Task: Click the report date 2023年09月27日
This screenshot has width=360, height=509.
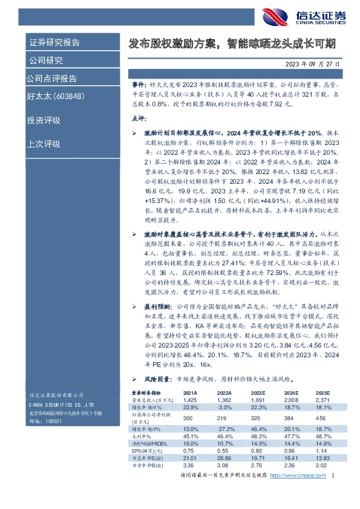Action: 313,63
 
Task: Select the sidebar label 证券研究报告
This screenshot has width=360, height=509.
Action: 54,42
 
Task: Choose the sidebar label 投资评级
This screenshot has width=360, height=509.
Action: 44,120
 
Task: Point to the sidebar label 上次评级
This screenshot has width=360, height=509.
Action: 44,143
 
